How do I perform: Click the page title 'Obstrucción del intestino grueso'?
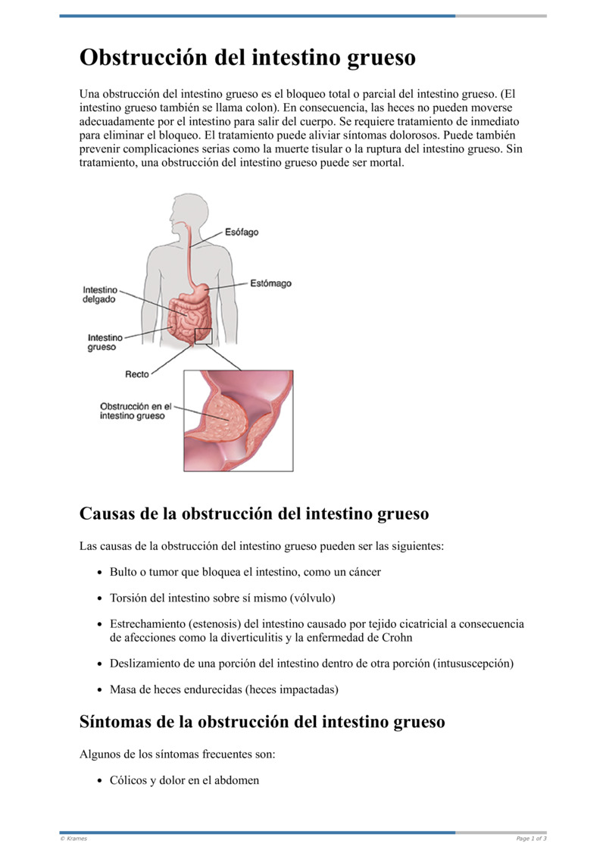248,58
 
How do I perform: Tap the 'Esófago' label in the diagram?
242,232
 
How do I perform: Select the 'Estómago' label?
270,284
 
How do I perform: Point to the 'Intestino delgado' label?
99,294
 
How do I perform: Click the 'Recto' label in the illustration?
137,374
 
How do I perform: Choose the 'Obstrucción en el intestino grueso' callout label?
136,411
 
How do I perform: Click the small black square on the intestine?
203,336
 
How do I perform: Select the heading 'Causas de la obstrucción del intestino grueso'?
254,514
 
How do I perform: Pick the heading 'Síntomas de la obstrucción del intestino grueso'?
262,722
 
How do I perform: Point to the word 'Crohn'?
397,637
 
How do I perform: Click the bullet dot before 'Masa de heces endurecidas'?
99,690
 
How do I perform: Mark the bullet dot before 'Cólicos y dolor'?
99,780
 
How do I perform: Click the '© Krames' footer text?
73,839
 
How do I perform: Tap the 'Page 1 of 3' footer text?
531,839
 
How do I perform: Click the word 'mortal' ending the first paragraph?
387,162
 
